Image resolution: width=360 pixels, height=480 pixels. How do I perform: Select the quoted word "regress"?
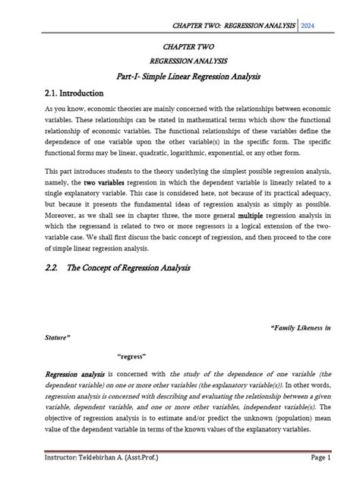tap(132, 355)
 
